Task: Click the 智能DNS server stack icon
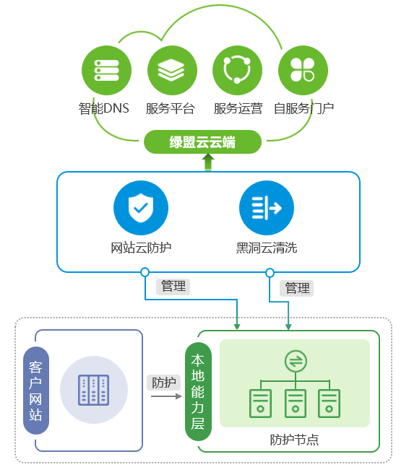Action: [106, 70]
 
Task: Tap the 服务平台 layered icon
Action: [172, 70]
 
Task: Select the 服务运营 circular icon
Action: [238, 70]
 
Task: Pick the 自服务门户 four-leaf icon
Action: [303, 70]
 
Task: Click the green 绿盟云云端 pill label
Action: [202, 141]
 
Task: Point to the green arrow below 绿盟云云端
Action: [208, 162]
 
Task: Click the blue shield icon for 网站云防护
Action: [141, 208]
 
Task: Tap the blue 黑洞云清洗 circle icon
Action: [267, 208]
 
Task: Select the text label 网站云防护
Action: [141, 248]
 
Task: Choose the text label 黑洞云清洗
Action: [267, 248]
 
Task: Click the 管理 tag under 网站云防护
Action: [173, 287]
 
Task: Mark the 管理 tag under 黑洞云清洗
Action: [297, 288]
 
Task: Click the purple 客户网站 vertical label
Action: [36, 391]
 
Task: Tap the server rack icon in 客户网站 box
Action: [94, 390]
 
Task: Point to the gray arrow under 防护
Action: [166, 396]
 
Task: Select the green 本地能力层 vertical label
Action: [198, 391]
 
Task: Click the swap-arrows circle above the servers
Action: [296, 362]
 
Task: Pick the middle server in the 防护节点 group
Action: [296, 404]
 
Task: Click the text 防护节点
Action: [294, 440]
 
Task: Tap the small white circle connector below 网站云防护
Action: [145, 272]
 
